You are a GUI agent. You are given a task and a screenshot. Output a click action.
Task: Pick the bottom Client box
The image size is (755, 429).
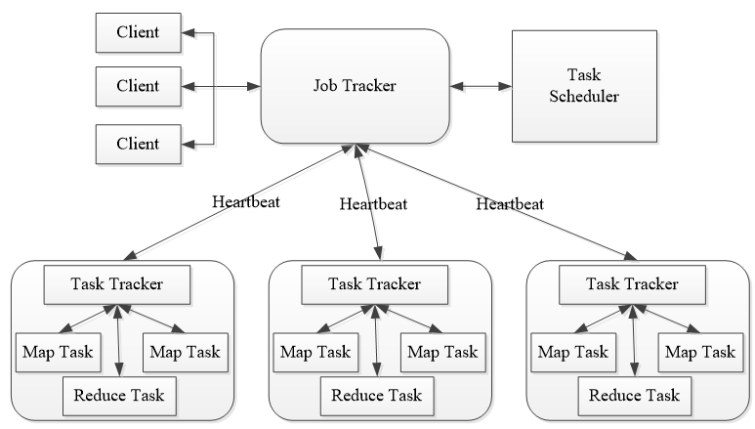140,143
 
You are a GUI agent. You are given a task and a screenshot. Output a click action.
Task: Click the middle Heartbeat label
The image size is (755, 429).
372,204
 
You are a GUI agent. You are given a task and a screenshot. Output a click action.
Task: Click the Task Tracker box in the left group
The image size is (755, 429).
117,283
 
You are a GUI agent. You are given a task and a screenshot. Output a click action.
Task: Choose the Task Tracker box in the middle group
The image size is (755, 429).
374,283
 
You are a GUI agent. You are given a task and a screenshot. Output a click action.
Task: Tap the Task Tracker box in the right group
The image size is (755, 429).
631,283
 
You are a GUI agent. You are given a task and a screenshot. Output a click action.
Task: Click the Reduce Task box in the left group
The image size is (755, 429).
118,396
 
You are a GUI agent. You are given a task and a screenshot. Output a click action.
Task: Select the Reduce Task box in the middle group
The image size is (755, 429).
375,396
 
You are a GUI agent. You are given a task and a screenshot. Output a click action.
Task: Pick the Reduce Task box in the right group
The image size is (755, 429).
632,396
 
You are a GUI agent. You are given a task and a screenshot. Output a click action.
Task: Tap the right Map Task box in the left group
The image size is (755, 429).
183,351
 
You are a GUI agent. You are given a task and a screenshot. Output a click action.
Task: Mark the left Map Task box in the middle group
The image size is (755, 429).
312,351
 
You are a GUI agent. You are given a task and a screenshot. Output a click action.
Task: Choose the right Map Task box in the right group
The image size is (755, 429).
696,351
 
